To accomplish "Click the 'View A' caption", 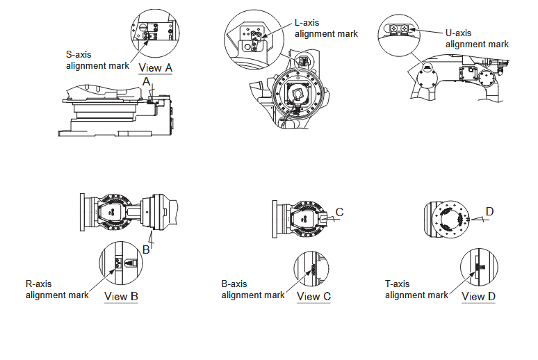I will pyautogui.click(x=156, y=67).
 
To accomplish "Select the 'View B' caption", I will pyautogui.click(x=121, y=296).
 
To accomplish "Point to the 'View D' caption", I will pyautogui.click(x=478, y=296).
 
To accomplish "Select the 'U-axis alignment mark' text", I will pyautogui.click(x=477, y=38).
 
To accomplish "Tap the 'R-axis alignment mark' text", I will pyautogui.click(x=57, y=289).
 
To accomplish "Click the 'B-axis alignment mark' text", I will pyautogui.click(x=253, y=289).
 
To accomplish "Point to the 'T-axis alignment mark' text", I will pyautogui.click(x=416, y=289).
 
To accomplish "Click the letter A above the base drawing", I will pyautogui.click(x=146, y=81).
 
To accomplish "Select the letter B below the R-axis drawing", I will pyautogui.click(x=146, y=249).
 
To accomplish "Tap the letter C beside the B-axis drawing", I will pyautogui.click(x=340, y=211).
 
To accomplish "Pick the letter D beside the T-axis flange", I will pyautogui.click(x=489, y=211).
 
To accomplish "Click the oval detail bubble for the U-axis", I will pyautogui.click(x=398, y=27).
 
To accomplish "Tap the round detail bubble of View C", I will pyautogui.click(x=313, y=269).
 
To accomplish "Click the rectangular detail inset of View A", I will pyautogui.click(x=154, y=32).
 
